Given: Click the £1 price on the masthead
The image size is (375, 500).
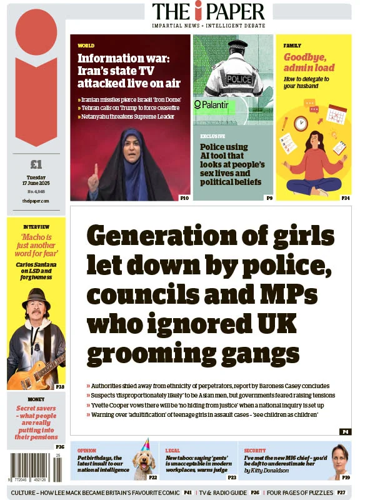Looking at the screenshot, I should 36,165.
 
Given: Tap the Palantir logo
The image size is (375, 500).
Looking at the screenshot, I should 211,105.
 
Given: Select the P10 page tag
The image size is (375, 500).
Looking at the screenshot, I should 184,198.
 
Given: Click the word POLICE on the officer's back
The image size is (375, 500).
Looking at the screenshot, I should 239,79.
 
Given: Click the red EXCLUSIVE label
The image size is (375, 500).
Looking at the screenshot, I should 212,136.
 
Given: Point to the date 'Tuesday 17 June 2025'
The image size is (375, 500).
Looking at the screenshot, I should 36,181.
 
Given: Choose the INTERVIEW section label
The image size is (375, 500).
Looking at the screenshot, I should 36,226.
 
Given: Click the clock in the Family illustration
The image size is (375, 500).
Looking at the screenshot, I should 301,123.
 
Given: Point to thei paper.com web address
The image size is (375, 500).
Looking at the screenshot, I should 36,201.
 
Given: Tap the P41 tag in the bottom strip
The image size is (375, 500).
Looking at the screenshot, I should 187,492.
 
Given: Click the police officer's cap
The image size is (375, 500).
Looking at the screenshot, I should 237,47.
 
